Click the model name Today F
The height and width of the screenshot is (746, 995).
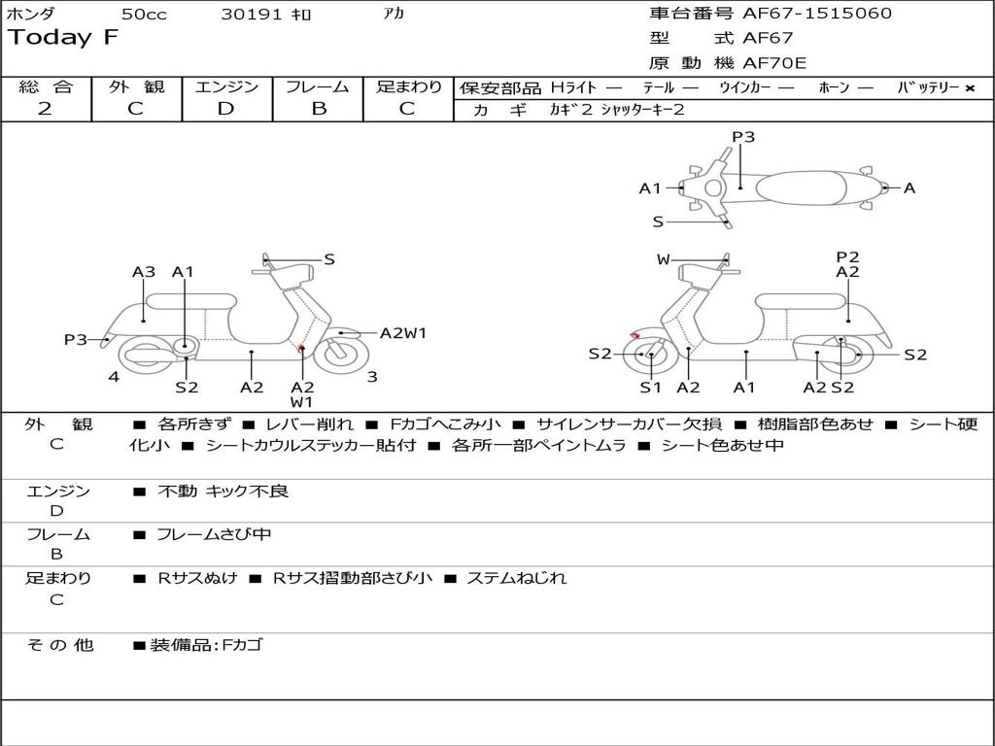62,39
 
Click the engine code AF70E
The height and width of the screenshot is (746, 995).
774,64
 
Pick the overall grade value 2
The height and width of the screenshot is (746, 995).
45,108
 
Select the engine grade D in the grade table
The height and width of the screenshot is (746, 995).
225,108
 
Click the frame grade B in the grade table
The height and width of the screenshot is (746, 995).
318,108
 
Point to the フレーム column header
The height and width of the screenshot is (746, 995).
318,86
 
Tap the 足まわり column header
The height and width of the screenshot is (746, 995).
408,86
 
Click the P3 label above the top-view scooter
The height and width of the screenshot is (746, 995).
743,137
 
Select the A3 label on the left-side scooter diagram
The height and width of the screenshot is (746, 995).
144,272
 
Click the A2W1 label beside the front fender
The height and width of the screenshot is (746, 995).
403,333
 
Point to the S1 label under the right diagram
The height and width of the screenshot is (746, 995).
650,388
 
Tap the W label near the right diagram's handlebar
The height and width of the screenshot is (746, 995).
664,259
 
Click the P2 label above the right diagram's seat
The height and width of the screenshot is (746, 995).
848,256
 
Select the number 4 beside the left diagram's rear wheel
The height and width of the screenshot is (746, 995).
114,377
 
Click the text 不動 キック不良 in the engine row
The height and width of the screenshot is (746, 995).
223,492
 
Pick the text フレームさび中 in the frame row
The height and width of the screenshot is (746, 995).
214,534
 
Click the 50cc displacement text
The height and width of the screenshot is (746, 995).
144,15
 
